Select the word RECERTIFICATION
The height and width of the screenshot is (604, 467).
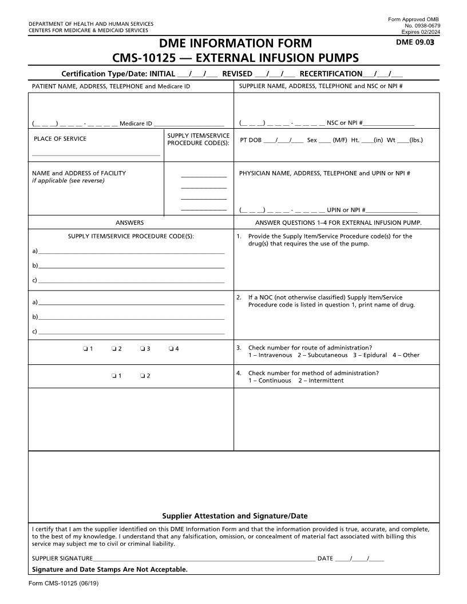[331, 74]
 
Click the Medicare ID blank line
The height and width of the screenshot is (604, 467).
[189, 123]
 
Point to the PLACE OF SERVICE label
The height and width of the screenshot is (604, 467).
[60, 138]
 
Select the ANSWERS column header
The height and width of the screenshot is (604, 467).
[130, 222]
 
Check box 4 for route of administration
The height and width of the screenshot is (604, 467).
[172, 348]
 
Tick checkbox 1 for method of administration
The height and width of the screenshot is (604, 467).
[114, 376]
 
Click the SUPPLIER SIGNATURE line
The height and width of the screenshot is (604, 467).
[203, 558]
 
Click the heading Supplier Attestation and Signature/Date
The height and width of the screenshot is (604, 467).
[235, 515]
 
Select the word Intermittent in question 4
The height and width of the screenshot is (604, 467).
[326, 380]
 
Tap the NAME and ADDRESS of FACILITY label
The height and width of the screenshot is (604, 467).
[79, 173]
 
